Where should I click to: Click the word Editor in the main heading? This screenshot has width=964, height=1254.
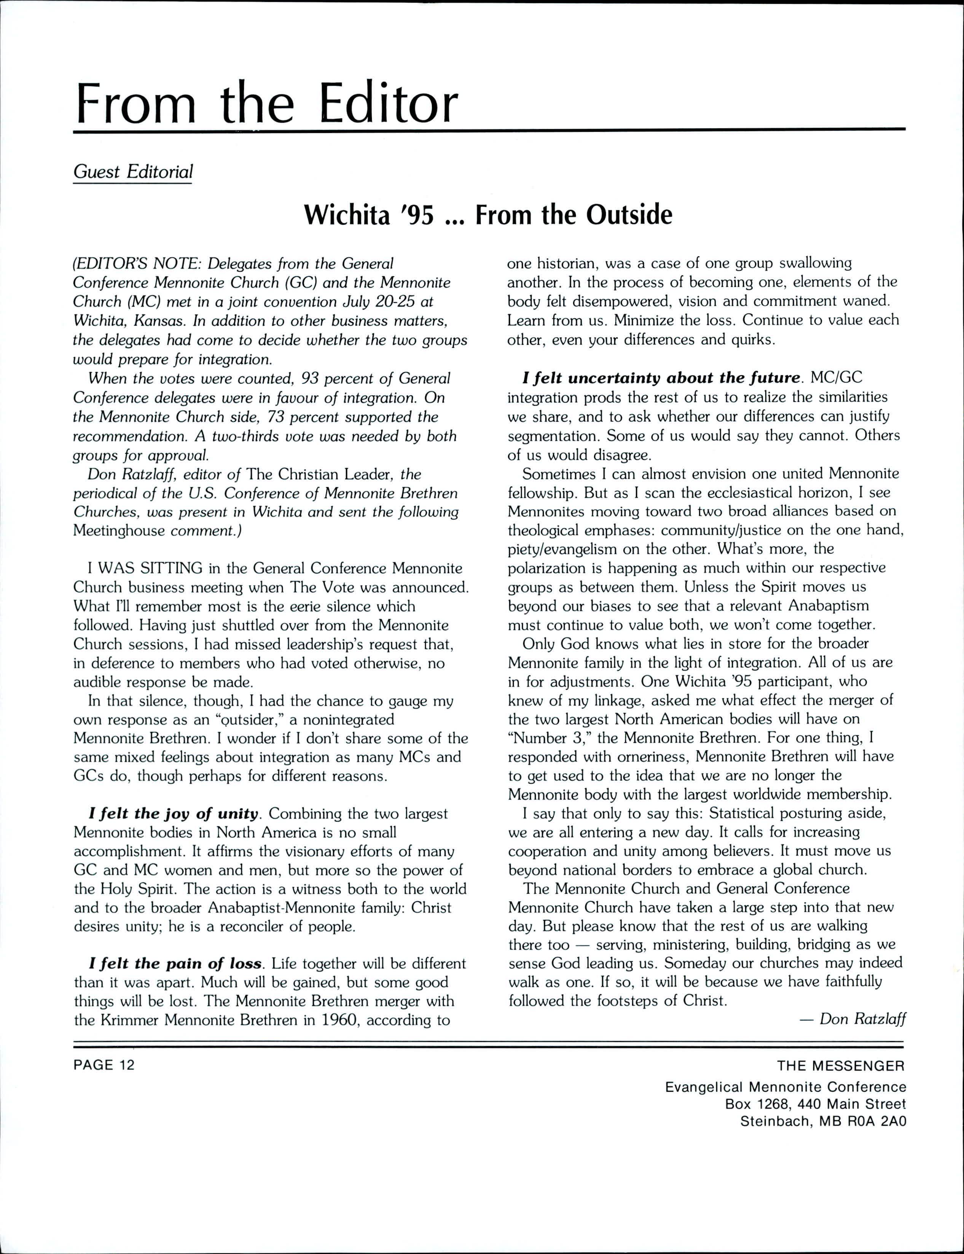[x=389, y=104]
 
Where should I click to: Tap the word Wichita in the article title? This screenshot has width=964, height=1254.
[x=346, y=215]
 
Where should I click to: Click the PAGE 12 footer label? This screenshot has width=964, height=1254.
[x=104, y=1065]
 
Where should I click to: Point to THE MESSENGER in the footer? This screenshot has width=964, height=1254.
[x=841, y=1066]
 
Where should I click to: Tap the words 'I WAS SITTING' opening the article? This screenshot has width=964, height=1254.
[x=145, y=568]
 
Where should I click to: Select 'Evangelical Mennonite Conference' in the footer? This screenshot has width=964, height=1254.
[x=786, y=1087]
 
